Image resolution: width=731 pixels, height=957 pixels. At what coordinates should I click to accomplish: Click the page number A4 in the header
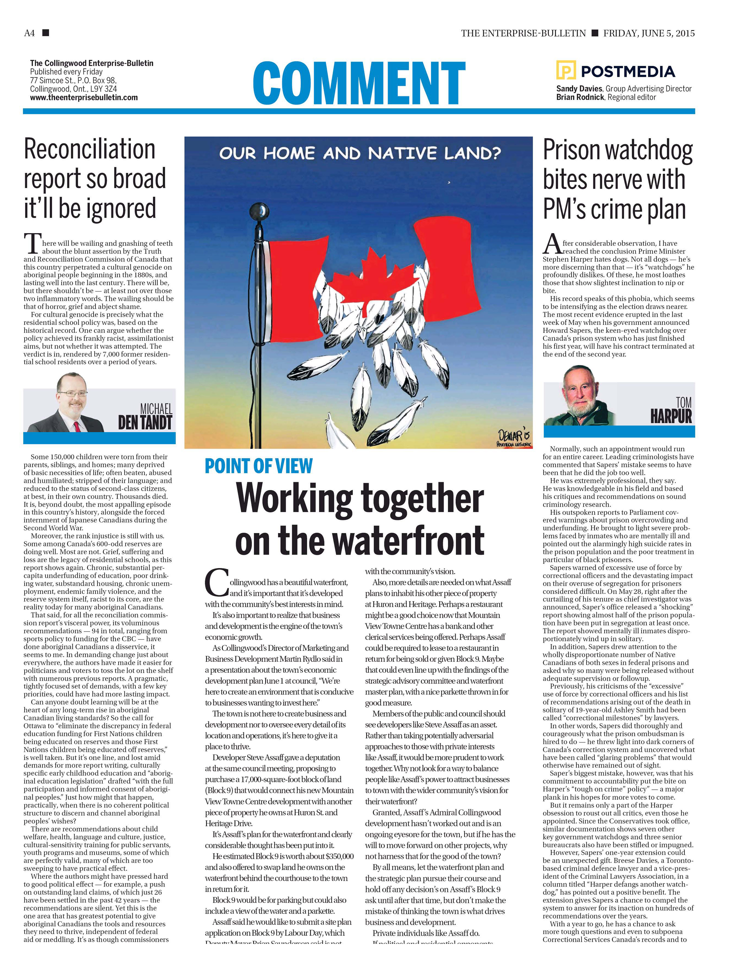click(29, 33)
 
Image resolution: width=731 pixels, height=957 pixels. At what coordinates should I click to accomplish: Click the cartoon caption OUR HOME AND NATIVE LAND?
click(360, 153)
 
